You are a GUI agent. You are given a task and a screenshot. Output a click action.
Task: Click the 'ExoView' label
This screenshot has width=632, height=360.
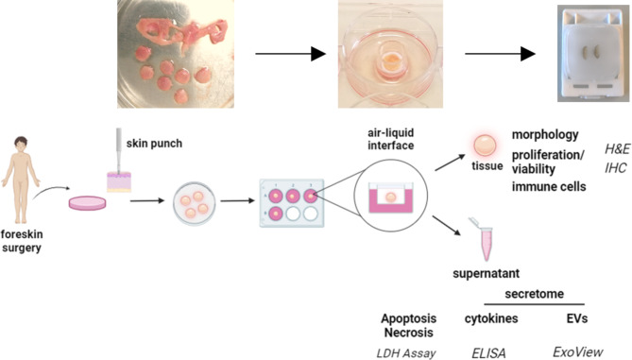pyautogui.click(x=577, y=351)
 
